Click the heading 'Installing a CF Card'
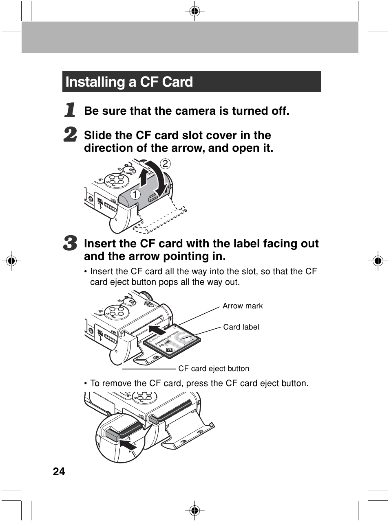(129, 82)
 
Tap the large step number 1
(71, 110)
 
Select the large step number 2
(71, 135)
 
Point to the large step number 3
(71, 243)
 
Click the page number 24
(59, 471)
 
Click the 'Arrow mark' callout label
(243, 306)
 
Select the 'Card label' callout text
(241, 327)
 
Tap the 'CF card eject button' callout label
(214, 369)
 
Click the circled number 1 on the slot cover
(135, 195)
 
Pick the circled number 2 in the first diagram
(165, 164)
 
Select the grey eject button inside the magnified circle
(112, 435)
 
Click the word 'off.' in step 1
(278, 111)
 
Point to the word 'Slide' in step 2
(98, 135)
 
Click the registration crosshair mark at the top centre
(194, 11)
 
